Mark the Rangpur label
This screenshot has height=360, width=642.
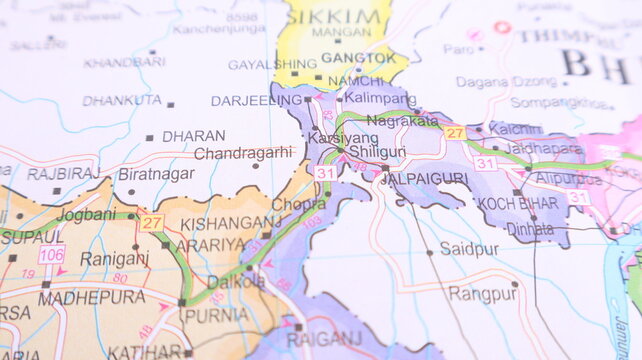[482, 294]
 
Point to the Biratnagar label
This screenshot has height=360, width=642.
[156, 173]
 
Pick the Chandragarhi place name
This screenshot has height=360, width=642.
[243, 153]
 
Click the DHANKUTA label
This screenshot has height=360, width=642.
[122, 101]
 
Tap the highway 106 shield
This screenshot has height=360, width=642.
[52, 254]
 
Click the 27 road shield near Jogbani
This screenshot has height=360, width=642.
[152, 222]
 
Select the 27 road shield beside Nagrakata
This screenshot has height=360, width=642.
[455, 133]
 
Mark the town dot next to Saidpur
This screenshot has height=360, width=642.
[430, 253]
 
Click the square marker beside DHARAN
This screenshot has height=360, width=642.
[149, 138]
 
